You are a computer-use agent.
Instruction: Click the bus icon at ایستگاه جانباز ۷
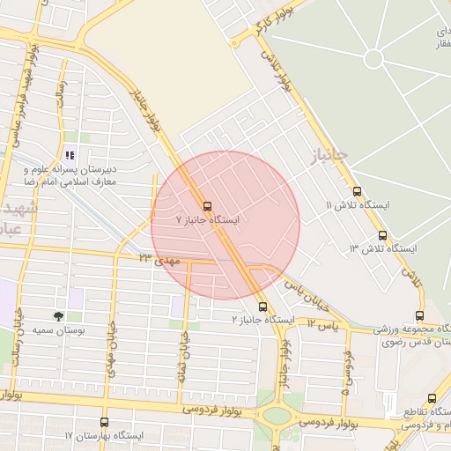[x=205, y=200]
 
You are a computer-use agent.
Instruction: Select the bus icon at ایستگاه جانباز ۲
[x=263, y=307]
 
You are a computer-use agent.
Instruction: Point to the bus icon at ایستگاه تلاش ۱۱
[x=357, y=191]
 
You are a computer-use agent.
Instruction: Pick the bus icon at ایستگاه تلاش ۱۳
[x=382, y=235]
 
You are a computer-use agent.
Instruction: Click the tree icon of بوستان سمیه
[x=58, y=314]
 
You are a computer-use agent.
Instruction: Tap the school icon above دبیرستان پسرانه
[x=71, y=137]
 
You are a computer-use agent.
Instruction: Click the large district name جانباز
[x=329, y=157]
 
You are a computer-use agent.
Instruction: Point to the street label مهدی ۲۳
[x=159, y=259]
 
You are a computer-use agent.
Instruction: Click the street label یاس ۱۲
[x=324, y=325]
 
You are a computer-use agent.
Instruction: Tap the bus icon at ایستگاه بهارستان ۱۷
[x=104, y=423]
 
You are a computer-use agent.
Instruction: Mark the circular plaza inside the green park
[x=373, y=59]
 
